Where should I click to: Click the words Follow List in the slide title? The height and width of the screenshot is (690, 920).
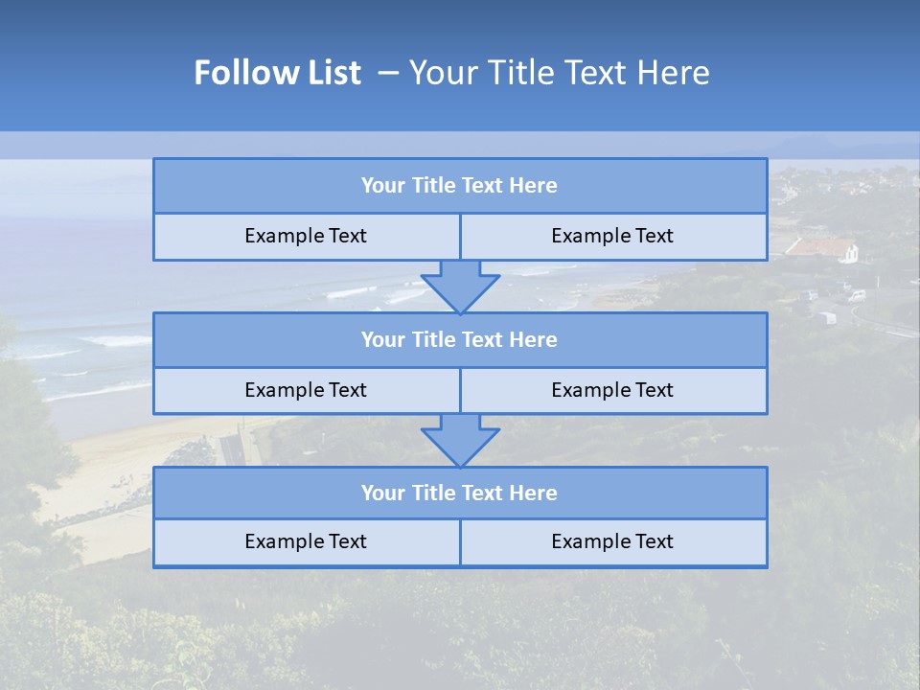(278, 73)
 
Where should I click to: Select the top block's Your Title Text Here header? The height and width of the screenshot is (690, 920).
(459, 186)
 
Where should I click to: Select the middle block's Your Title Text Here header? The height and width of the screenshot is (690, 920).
(459, 339)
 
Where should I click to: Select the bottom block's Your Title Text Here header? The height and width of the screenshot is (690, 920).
(459, 493)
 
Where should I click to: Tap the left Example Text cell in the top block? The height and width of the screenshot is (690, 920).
(306, 236)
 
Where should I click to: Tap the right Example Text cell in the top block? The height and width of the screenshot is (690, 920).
(612, 236)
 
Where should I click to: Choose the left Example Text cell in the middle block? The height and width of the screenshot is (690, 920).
(306, 390)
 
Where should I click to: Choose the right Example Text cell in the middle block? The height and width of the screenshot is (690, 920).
(612, 390)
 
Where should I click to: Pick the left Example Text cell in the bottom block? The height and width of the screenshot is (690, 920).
(306, 541)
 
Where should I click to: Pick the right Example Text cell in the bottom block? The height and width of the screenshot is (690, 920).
(612, 541)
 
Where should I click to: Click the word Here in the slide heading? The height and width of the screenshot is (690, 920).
(675, 73)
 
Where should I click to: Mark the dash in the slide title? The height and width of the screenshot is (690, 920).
(388, 73)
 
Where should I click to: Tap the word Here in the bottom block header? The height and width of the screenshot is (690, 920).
(534, 493)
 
